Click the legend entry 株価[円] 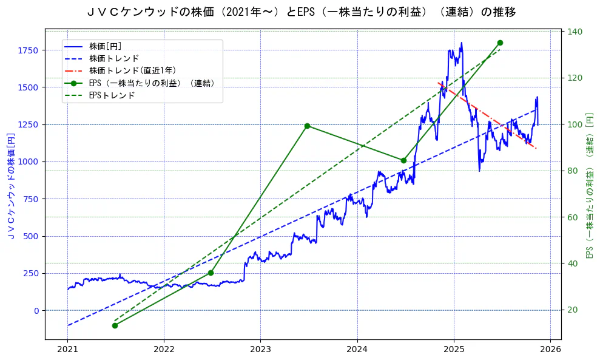tap(106, 46)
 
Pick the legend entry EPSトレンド tap(112, 95)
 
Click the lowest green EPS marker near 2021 tap(115, 325)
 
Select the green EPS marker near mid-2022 tap(211, 273)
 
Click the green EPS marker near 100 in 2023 tap(307, 126)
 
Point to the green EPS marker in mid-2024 tap(403, 160)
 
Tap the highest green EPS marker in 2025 tap(500, 42)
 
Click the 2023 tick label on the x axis tap(260, 350)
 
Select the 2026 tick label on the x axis tap(550, 350)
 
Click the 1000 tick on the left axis tap(29, 161)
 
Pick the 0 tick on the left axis tap(36, 310)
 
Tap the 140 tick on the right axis tap(574, 32)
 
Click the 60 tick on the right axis tap(571, 217)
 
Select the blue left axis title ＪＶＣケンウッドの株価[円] tap(11, 185)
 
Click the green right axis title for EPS tap(589, 185)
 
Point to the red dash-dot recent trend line tap(485, 113)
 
